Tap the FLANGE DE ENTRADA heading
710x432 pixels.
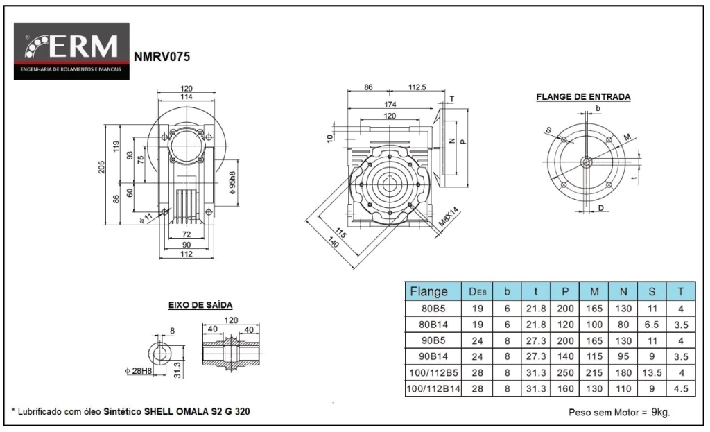[x=583, y=97]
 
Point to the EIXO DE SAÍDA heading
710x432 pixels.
[x=200, y=305]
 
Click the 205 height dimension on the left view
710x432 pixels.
[x=101, y=168]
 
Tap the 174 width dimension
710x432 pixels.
[x=390, y=104]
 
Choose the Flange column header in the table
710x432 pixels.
[x=429, y=291]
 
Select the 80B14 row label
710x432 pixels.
[x=429, y=324]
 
